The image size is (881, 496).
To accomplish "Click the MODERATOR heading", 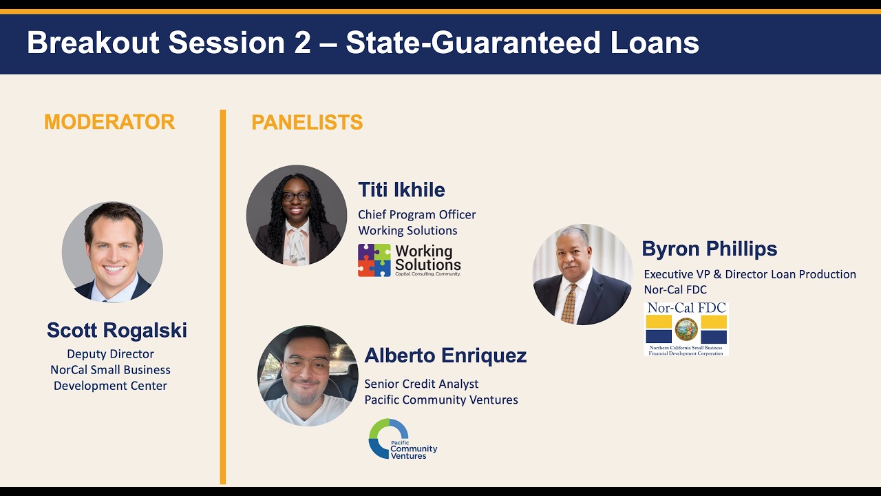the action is click(x=109, y=122).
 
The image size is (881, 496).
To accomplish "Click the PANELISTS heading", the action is click(x=307, y=122).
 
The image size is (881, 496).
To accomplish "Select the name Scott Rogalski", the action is click(x=117, y=330).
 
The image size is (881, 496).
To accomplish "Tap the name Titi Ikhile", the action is click(x=401, y=189).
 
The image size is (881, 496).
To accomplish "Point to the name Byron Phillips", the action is click(x=710, y=249).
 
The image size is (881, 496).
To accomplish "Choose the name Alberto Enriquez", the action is click(x=445, y=355).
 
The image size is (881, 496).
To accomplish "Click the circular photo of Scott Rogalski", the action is click(x=112, y=252).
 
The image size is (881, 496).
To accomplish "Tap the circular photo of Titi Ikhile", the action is click(x=297, y=215).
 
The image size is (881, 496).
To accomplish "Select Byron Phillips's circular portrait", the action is click(x=582, y=274).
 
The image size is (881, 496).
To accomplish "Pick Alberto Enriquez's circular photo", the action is click(x=308, y=375).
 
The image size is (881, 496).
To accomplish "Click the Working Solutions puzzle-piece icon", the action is click(x=374, y=260).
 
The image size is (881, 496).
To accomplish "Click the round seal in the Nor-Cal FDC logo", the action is click(x=686, y=329).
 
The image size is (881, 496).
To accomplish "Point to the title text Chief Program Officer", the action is click(x=417, y=215).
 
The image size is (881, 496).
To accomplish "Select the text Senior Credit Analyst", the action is click(x=421, y=384).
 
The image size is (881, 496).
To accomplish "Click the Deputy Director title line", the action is click(x=111, y=354).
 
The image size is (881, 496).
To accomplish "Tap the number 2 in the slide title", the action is click(x=301, y=43).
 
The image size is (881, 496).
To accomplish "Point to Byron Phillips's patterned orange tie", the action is click(x=569, y=303).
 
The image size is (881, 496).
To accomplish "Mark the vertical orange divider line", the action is click(x=223, y=297).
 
